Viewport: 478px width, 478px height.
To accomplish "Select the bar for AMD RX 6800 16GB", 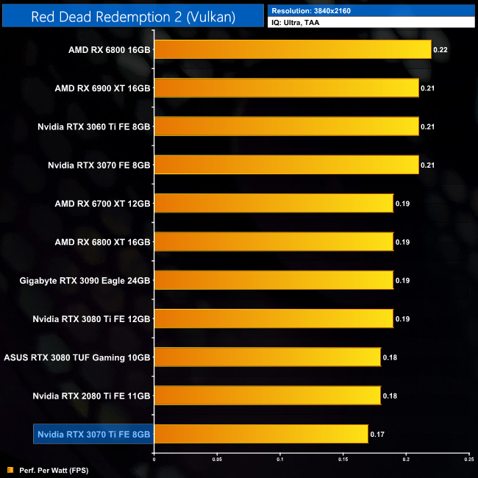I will pyautogui.click(x=293, y=49).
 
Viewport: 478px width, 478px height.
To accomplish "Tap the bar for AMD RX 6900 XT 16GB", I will pyautogui.click(x=286, y=88).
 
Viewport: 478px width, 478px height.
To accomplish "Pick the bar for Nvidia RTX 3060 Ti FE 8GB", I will pyautogui.click(x=286, y=126).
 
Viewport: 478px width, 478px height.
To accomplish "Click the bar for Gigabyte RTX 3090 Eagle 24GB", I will pyautogui.click(x=274, y=280).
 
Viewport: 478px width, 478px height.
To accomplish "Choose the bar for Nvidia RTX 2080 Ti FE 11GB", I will pyautogui.click(x=267, y=396).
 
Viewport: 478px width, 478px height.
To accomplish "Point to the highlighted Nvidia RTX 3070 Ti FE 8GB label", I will pyautogui.click(x=93, y=435).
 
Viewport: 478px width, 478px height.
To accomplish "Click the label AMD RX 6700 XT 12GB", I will pyautogui.click(x=102, y=204).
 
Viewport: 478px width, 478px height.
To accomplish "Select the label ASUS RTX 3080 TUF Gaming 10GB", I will pyautogui.click(x=77, y=357).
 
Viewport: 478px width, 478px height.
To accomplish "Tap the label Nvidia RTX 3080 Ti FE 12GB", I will pyautogui.click(x=92, y=319).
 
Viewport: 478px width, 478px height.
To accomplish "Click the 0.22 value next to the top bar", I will pyautogui.click(x=440, y=49).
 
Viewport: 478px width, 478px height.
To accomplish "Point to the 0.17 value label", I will pyautogui.click(x=377, y=435).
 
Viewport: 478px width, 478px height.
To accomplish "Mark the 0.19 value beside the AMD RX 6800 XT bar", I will pyautogui.click(x=403, y=242).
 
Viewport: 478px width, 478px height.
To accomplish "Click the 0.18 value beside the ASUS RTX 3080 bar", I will pyautogui.click(x=390, y=357).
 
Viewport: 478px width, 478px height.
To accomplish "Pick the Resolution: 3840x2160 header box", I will pyautogui.click(x=371, y=10).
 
